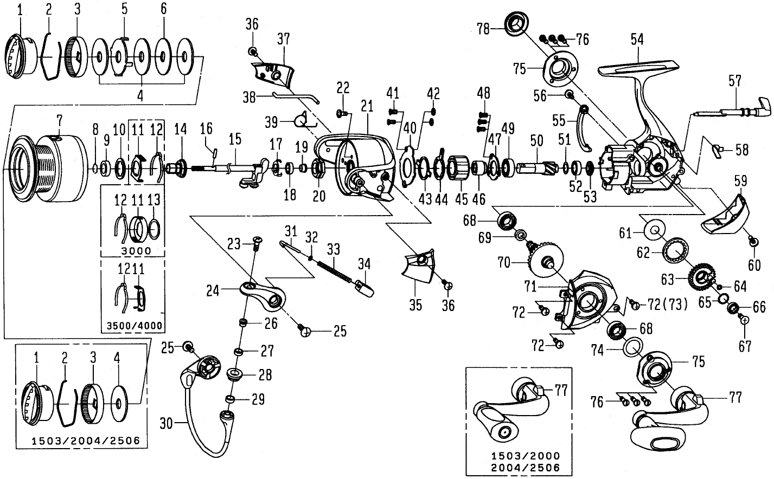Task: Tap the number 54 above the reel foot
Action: [x=637, y=38]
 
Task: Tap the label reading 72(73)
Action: [x=667, y=305]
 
